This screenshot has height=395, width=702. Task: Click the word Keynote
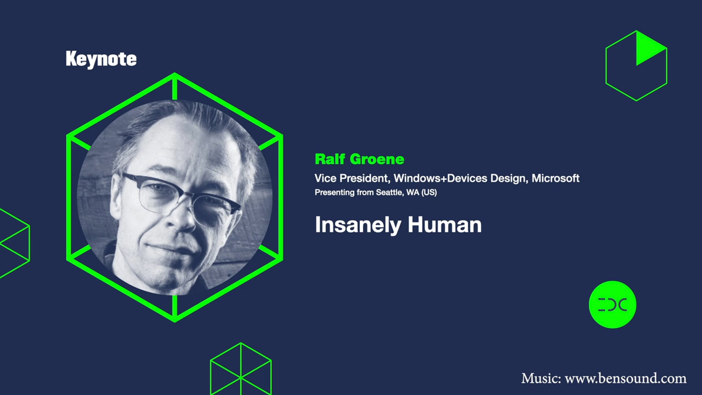coord(101,59)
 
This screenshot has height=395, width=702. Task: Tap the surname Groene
coord(377,159)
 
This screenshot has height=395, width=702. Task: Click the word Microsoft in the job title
coord(555,178)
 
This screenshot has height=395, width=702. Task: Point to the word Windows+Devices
coord(440,178)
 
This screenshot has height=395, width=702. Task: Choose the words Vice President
coord(352,178)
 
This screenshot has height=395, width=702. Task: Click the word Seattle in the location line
coord(389,192)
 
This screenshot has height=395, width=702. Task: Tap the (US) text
coord(429,192)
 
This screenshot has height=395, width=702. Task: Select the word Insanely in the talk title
coord(358,225)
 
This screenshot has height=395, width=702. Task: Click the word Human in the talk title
coord(445,225)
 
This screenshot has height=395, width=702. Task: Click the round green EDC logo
coord(612,305)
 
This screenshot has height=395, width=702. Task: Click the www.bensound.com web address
coord(626,378)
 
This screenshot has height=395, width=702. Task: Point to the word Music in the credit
coord(541,378)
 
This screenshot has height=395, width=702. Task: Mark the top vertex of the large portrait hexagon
coord(175,74)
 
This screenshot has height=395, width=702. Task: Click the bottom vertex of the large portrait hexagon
coord(175,321)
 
